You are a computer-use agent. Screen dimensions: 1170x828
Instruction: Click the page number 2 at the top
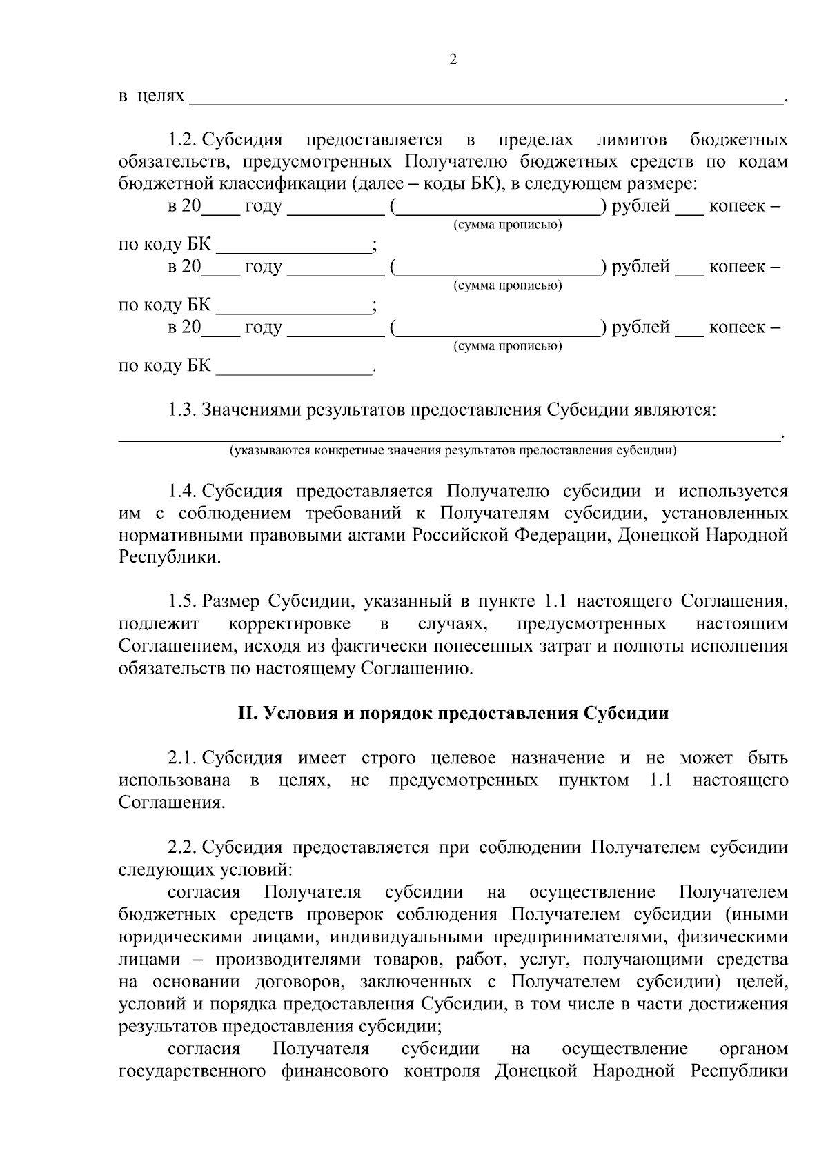(x=453, y=60)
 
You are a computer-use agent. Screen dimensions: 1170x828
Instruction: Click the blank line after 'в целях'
(x=486, y=100)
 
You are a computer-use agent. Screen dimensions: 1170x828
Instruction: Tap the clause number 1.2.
(x=183, y=141)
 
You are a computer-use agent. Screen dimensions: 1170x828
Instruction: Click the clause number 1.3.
(x=183, y=410)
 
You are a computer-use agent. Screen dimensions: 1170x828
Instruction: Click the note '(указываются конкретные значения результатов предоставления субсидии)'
(x=453, y=452)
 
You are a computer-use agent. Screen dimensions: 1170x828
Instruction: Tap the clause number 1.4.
(x=183, y=492)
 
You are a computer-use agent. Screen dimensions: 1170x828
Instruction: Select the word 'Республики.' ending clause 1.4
(x=170, y=558)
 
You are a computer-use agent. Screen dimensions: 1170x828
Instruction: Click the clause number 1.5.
(x=183, y=601)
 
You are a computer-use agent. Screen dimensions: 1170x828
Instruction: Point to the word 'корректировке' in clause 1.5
(x=289, y=624)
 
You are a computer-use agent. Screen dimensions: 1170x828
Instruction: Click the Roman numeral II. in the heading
(x=247, y=714)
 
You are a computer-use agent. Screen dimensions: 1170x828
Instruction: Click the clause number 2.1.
(x=183, y=758)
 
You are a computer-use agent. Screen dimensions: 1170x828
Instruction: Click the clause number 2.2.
(x=183, y=847)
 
